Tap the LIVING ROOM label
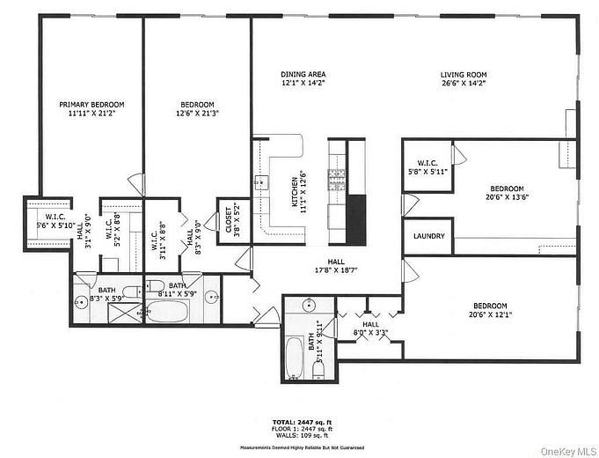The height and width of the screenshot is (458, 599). point(464,75)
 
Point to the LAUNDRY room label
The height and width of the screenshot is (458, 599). point(428,237)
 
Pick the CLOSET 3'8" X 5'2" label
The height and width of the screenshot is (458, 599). point(228,219)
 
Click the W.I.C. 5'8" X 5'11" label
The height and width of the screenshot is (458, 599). point(428,166)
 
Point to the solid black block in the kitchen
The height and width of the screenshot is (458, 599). point(355,219)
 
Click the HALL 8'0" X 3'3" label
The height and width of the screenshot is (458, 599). point(370,329)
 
